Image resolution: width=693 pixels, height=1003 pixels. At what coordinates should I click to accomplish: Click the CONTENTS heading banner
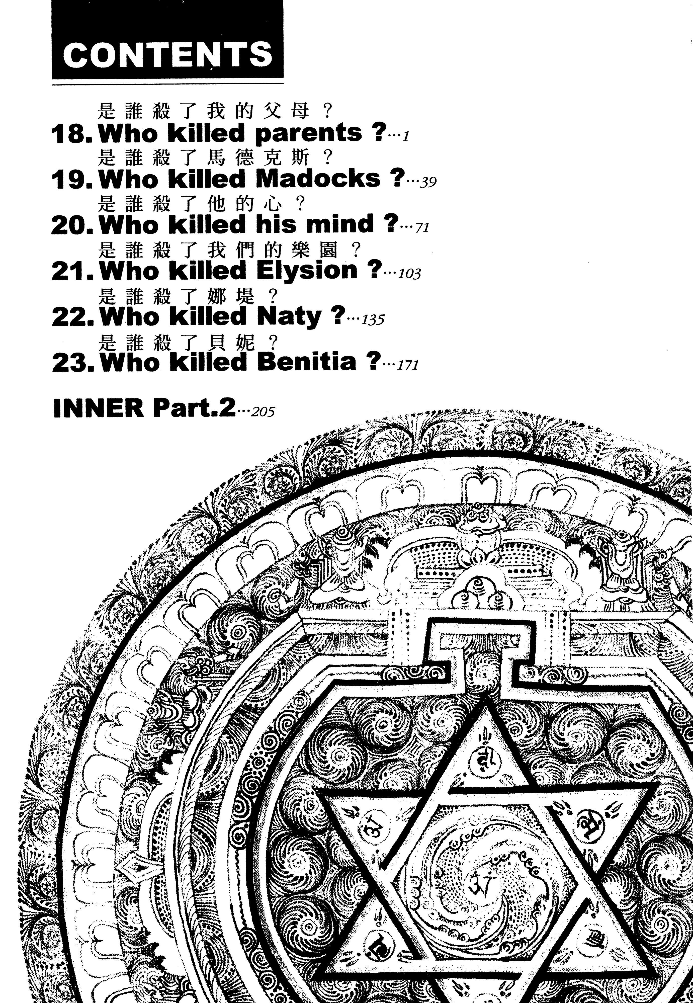[167, 40]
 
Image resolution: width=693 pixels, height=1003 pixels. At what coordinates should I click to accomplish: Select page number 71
[422, 228]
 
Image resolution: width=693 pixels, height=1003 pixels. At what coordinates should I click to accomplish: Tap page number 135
[373, 320]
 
